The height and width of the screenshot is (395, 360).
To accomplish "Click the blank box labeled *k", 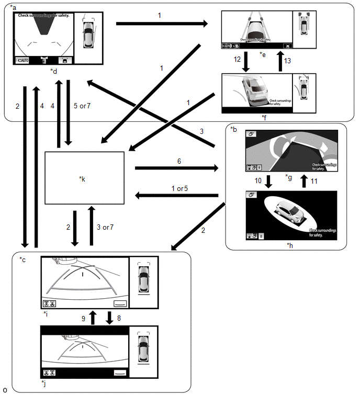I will [84, 178].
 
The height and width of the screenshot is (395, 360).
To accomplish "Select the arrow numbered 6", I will [176, 168].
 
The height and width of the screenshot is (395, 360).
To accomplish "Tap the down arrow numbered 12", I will [245, 62].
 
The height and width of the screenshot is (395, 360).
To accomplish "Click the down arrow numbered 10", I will [268, 180].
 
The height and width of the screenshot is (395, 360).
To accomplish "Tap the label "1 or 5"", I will [179, 188].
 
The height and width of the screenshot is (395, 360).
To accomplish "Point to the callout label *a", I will [13, 7].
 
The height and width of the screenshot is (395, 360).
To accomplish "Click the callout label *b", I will [233, 128].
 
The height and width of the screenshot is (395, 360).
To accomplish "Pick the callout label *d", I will [54, 71].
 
